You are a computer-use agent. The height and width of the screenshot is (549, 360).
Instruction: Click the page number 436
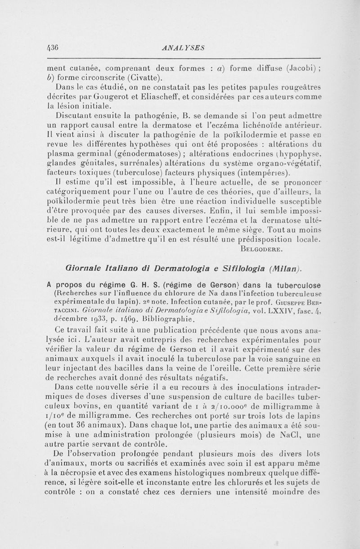click(x=54, y=46)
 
